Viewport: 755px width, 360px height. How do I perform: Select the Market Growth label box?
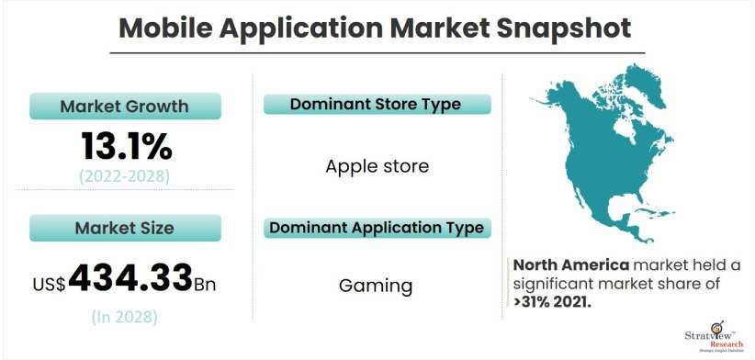(x=125, y=107)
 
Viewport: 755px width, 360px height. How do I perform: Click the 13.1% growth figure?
(x=126, y=145)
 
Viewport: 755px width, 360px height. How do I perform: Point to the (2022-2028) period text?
(x=126, y=174)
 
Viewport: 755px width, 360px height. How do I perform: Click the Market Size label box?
(x=125, y=228)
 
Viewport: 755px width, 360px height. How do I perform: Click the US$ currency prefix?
(x=49, y=283)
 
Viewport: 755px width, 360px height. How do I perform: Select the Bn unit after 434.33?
(x=208, y=282)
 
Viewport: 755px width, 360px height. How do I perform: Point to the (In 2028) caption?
(x=125, y=317)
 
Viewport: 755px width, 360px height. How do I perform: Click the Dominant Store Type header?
(x=376, y=105)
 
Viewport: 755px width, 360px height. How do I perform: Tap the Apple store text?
(x=377, y=167)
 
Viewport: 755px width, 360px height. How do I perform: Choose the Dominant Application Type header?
(x=376, y=227)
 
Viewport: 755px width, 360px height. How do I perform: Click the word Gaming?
(x=376, y=285)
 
